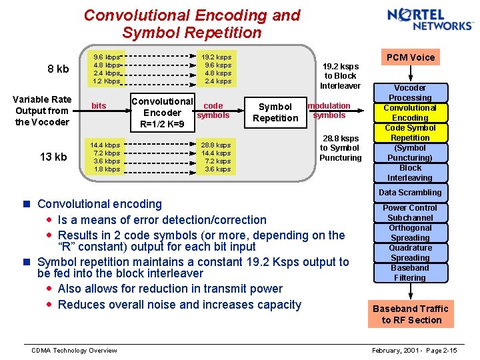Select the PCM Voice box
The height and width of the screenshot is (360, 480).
(410, 57)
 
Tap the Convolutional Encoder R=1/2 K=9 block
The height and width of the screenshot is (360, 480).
(162, 112)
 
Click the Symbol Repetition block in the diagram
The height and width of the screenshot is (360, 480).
(275, 112)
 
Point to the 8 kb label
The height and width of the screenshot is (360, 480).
(58, 69)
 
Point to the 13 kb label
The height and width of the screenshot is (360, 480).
(53, 157)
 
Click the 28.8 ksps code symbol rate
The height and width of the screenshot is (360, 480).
(217, 145)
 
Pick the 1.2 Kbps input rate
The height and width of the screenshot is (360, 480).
(107, 81)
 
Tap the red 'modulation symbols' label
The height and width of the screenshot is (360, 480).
(329, 110)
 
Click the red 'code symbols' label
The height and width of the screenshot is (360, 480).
(213, 110)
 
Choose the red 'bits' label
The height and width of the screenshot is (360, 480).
(99, 106)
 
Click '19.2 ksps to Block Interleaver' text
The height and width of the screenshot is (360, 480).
(340, 76)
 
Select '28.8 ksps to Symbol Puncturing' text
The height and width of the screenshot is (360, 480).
(340, 148)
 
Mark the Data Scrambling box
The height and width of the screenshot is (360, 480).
(410, 193)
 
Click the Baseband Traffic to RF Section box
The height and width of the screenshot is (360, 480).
(410, 314)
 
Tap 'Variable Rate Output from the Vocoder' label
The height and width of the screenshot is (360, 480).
(42, 111)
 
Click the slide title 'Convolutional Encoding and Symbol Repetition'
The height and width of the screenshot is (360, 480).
(192, 23)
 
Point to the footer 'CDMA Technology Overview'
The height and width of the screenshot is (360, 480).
(75, 351)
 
